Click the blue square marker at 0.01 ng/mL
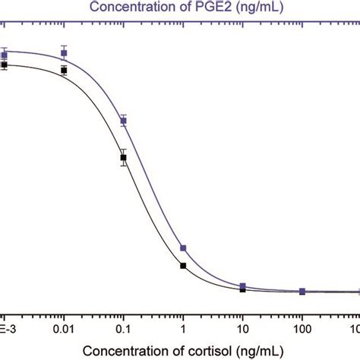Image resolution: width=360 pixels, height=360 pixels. [64, 54]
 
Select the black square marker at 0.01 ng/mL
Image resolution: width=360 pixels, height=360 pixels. [64, 71]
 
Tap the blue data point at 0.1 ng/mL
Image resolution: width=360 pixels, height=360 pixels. [123, 121]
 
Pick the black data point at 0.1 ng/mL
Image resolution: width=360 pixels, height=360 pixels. [123, 158]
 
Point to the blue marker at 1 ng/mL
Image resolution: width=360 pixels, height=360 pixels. [183, 248]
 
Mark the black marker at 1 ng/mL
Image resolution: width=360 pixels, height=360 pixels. [183, 265]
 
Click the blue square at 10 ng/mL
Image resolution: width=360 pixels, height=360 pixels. [242, 286]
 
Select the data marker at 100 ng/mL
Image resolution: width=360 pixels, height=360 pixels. [302, 291]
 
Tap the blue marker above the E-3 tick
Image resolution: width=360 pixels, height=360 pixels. [5, 55]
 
